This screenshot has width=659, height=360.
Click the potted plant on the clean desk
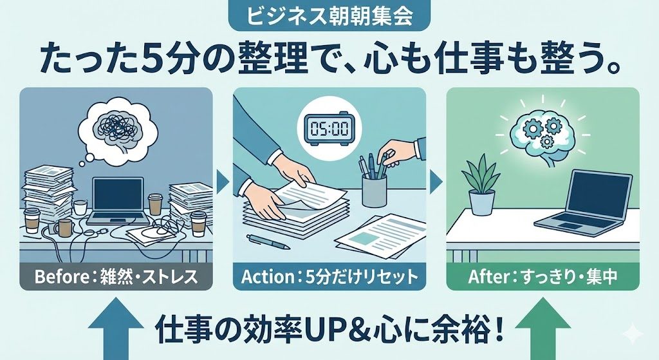pyautogui.click(x=481, y=185)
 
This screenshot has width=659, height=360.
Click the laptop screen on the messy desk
pyautogui.click(x=118, y=194)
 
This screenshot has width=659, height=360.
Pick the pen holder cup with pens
pyautogui.click(x=374, y=180)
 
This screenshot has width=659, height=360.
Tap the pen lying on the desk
pyautogui.click(x=268, y=242)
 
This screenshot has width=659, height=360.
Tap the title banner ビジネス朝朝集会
pyautogui.click(x=329, y=17)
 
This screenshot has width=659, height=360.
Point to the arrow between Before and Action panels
pyautogui.click(x=223, y=182)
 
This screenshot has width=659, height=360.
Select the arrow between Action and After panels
pyautogui.click(x=436, y=182)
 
